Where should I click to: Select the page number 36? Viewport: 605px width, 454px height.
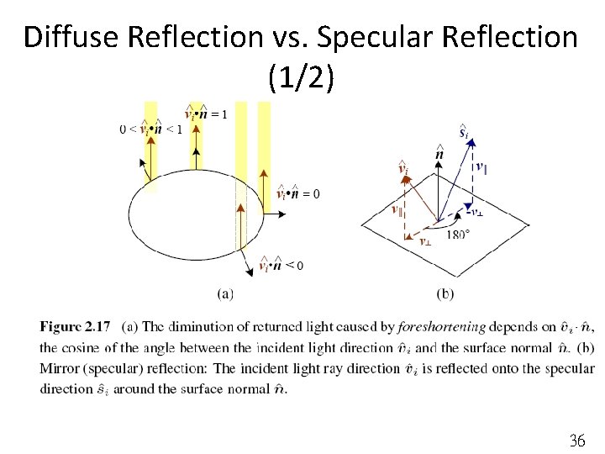576,440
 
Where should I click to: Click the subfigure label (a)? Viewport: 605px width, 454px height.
224,293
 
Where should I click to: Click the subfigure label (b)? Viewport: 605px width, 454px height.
446,293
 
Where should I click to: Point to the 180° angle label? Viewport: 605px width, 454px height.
459,235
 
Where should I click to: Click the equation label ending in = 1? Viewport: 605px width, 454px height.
205,113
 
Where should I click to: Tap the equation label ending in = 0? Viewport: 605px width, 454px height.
297,194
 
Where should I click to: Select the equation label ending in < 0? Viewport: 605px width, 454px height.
281,266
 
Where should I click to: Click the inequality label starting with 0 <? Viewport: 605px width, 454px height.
151,129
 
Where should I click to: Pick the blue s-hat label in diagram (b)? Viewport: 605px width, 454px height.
464,132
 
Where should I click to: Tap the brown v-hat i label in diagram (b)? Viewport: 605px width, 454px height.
403,170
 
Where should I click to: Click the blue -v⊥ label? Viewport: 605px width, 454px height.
474,212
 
